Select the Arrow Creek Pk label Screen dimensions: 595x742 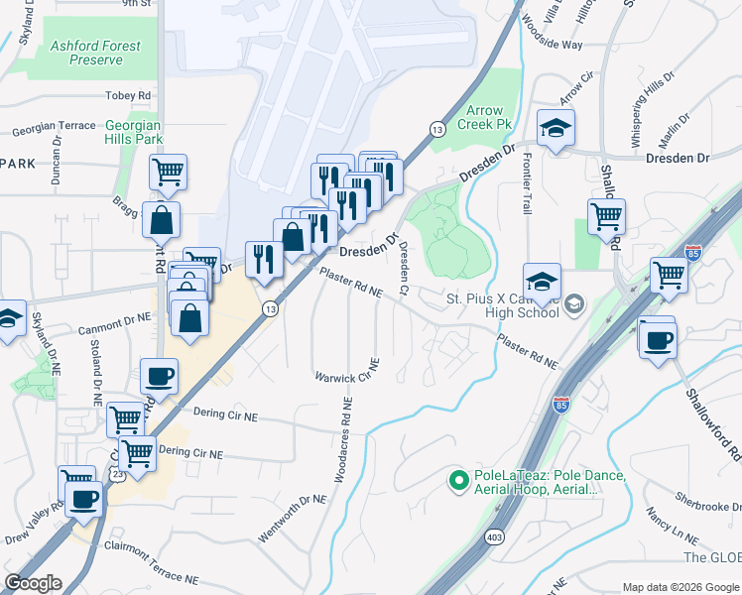coord(485,117)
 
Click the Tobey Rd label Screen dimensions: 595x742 coord(128,95)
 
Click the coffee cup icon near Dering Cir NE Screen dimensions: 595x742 coord(159,376)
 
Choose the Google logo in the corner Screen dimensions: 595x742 coord(33,583)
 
